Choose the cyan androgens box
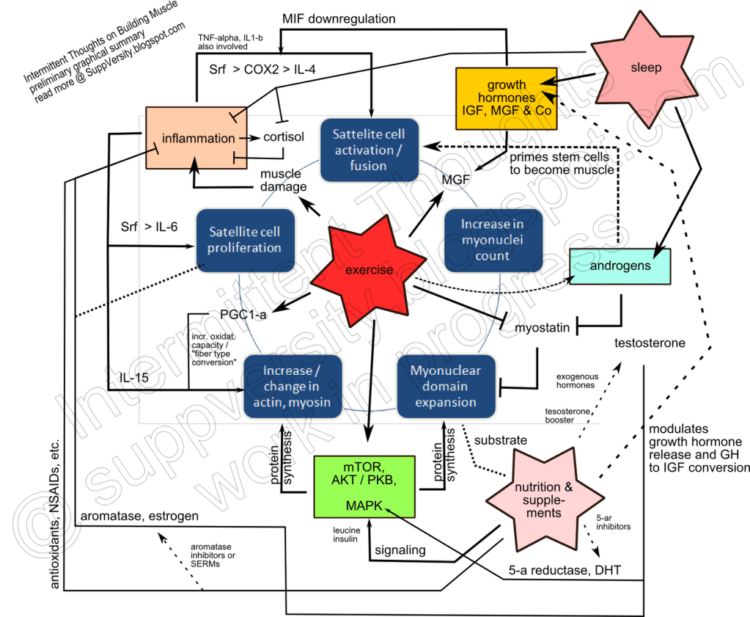tap(621, 266)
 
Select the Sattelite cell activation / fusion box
tap(370, 150)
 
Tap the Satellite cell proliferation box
tap(245, 240)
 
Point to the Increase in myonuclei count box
tap(492, 240)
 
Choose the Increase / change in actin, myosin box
tap(292, 386)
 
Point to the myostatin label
tap(542, 327)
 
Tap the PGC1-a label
tap(243, 314)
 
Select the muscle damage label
tap(282, 180)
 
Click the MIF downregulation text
tap(339, 17)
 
